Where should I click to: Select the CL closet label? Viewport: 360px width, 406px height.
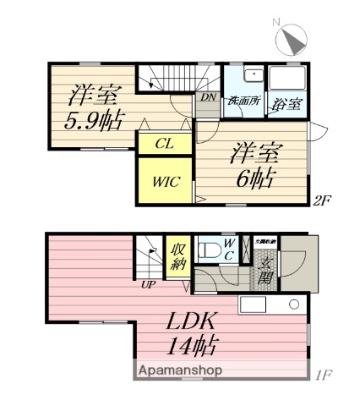pyautogui.click(x=164, y=144)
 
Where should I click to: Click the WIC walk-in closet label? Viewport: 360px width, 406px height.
pyautogui.click(x=166, y=180)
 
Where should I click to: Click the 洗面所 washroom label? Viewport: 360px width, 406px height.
pyautogui.click(x=243, y=101)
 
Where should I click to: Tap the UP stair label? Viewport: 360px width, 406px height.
pyautogui.click(x=147, y=283)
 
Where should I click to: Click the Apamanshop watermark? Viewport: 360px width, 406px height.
pyautogui.click(x=176, y=371)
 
